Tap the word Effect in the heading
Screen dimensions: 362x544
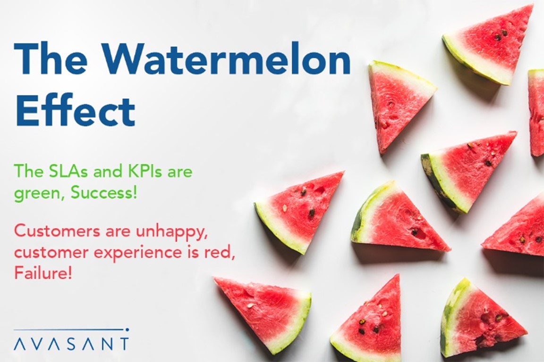coord(75,109)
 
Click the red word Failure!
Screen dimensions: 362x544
coord(43,273)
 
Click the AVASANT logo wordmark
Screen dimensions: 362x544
coord(71,344)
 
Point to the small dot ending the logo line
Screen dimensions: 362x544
coord(127,329)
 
